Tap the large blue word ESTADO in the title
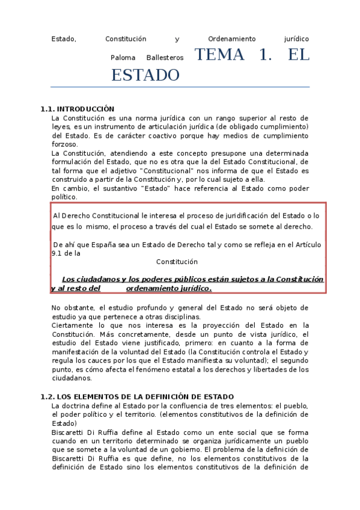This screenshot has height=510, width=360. (145, 76)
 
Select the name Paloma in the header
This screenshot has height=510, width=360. (123, 58)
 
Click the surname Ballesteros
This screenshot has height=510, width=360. (165, 58)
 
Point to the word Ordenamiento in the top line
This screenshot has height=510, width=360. (231, 39)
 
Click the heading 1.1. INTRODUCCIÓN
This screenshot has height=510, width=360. (77, 109)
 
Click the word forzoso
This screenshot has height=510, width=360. (64, 144)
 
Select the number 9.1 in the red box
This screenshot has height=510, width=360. (57, 253)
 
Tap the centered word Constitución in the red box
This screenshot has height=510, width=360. (177, 262)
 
